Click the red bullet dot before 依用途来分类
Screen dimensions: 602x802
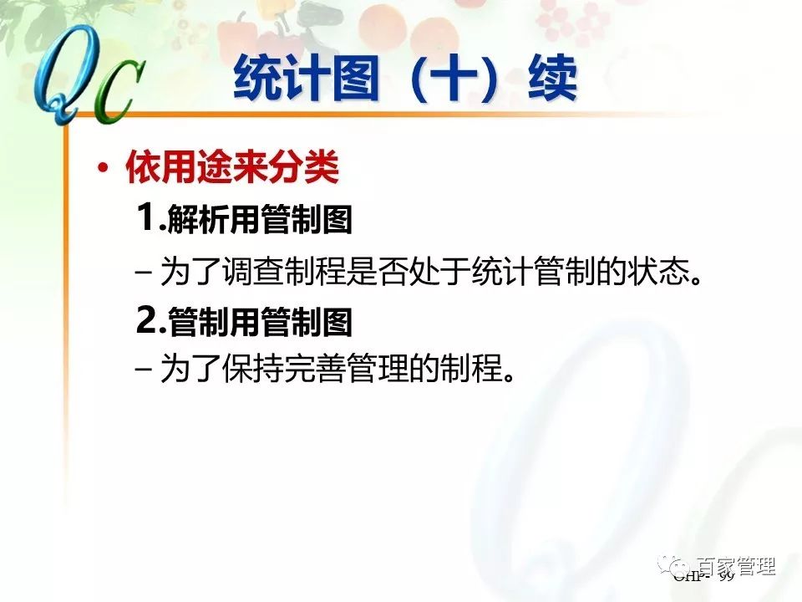point(103,170)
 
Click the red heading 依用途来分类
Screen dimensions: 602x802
point(232,169)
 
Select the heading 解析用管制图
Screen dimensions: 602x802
point(260,221)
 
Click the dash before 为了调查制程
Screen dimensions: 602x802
point(143,273)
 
